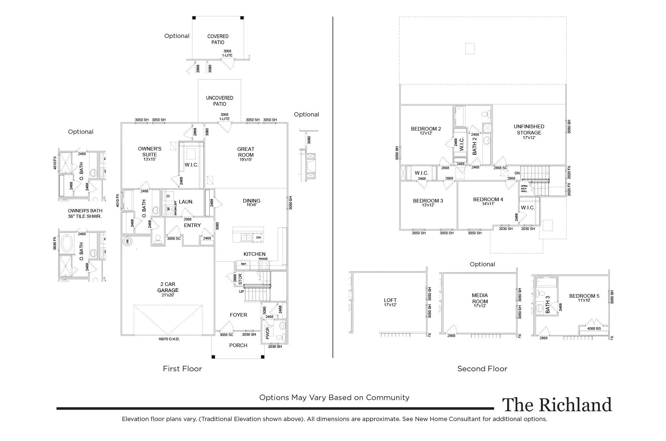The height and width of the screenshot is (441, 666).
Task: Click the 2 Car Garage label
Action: [x=168, y=287]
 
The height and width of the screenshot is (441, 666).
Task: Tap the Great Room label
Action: [x=246, y=152]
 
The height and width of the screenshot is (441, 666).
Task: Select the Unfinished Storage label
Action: [x=529, y=130]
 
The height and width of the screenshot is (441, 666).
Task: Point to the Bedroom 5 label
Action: [x=584, y=296]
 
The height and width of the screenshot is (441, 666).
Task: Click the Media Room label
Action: [x=480, y=298]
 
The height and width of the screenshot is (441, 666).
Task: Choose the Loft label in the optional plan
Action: [x=390, y=300]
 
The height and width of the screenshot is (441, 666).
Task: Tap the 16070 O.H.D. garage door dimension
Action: [x=169, y=339]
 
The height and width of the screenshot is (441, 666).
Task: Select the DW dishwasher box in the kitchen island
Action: [x=258, y=238]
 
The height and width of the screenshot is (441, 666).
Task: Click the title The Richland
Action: [x=557, y=405]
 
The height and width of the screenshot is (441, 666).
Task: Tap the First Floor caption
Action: [x=182, y=369]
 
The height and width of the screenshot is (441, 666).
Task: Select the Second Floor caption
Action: [x=482, y=369]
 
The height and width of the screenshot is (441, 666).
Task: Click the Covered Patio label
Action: [x=218, y=39]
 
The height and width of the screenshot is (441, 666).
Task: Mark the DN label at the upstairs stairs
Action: [x=517, y=173]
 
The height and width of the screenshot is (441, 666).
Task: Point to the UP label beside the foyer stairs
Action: [x=242, y=291]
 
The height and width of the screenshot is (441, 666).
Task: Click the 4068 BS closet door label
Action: [x=594, y=328]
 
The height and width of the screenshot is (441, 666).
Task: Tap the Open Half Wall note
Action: [x=524, y=189]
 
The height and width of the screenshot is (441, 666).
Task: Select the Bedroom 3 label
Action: [x=428, y=201]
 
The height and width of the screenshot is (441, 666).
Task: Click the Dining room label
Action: [x=252, y=201]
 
